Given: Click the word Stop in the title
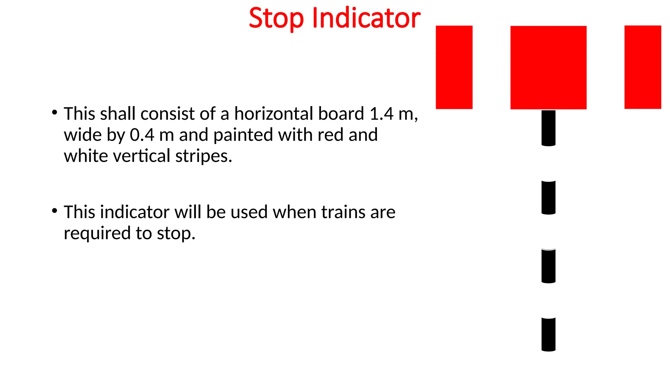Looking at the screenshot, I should click(x=276, y=18).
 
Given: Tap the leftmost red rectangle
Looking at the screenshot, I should click(x=454, y=67).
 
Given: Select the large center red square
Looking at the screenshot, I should click(x=548, y=67).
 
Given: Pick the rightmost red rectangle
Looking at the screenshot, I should click(x=643, y=67).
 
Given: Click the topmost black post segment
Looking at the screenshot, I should click(x=548, y=128).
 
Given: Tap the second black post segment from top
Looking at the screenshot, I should click(x=548, y=197).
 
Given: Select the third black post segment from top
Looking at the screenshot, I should click(x=548, y=266).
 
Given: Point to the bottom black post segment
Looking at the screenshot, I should click(x=548, y=334).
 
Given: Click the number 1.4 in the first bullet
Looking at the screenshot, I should click(x=381, y=114).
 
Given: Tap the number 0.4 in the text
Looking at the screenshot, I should click(x=142, y=135).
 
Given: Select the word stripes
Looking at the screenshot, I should click(x=203, y=156).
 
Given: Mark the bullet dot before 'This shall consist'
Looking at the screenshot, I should click(x=55, y=112).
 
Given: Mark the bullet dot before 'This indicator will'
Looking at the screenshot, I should click(x=55, y=210).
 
